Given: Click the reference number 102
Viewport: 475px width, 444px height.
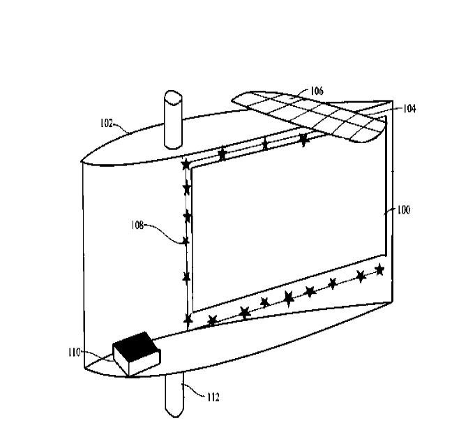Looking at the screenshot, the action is (106, 124).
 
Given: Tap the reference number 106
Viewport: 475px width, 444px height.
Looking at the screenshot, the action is (317, 91).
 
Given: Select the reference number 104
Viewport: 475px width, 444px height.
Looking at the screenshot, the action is (409, 109).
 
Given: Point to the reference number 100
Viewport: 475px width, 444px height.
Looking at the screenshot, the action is (404, 210).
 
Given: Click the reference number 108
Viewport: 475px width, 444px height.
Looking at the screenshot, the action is (137, 225).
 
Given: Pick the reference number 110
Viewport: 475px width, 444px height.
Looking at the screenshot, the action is (75, 353).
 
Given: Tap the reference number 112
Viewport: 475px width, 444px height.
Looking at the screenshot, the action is (213, 397).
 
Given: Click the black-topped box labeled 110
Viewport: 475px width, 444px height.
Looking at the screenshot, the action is (136, 354).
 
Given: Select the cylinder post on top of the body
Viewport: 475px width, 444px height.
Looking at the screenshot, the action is (173, 119).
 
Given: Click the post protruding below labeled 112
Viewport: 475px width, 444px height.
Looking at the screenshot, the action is (174, 396).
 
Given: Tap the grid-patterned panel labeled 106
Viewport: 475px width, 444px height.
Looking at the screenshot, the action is (308, 115).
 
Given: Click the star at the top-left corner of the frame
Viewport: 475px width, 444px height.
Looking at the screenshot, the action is (186, 165).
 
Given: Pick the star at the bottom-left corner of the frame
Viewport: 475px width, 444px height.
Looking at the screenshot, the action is (188, 319).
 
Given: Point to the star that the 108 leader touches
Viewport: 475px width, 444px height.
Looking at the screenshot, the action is (186, 241).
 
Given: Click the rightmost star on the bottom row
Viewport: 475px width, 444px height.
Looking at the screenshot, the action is (379, 269).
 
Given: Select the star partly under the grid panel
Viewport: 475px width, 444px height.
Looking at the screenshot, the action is (303, 140).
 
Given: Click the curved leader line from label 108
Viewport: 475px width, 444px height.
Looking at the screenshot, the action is (164, 232).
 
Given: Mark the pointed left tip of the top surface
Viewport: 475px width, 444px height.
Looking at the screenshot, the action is (82, 161).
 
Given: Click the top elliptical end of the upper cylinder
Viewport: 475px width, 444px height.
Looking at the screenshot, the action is (173, 97).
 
